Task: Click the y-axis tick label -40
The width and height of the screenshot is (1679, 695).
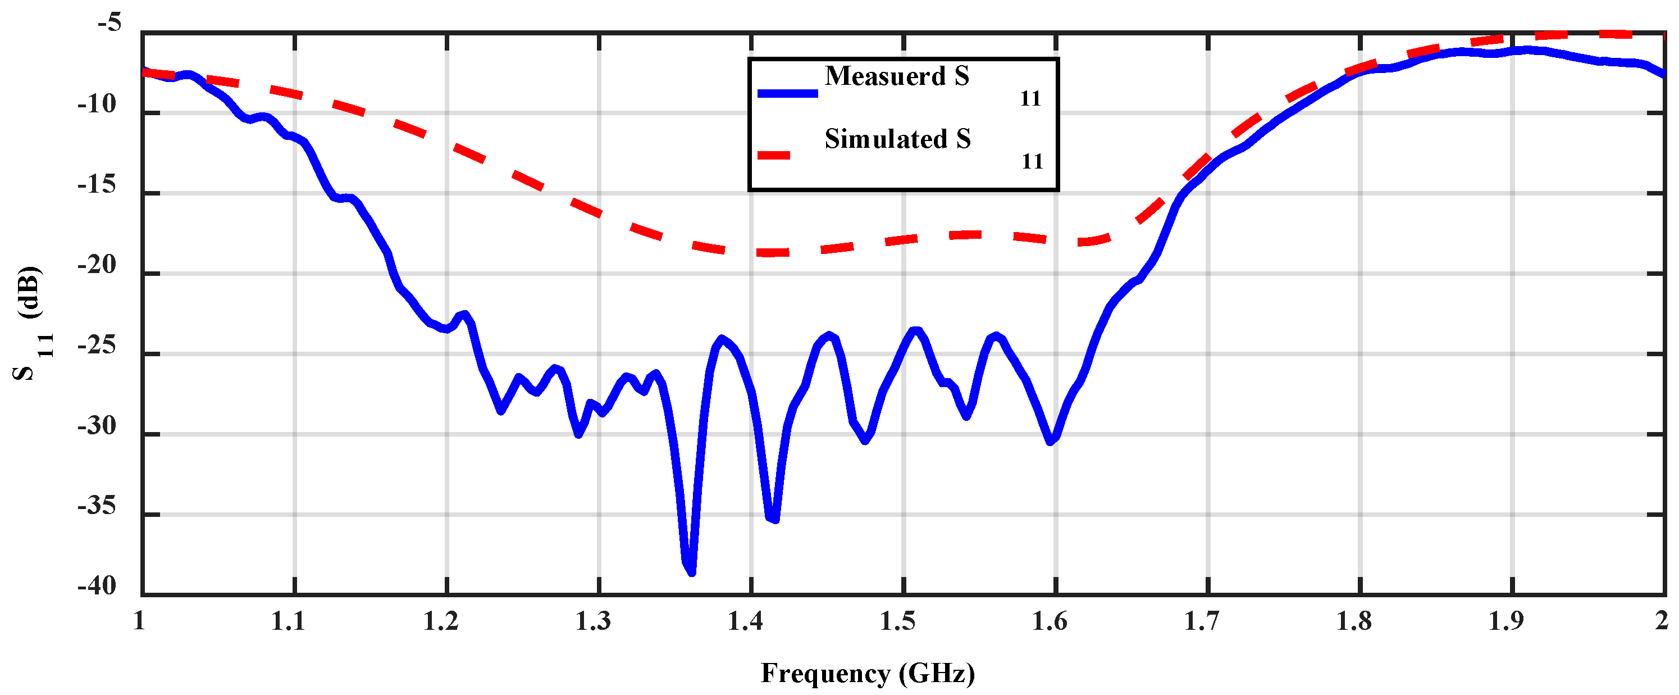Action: pos(97,586)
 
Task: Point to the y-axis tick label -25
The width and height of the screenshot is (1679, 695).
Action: pos(97,346)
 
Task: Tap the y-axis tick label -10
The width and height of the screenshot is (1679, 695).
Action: pos(97,105)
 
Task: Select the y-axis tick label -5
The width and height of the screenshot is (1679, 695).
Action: pos(109,24)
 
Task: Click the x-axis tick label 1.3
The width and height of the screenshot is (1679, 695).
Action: pos(593,621)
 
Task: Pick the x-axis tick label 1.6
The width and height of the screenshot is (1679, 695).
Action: pos(1050,621)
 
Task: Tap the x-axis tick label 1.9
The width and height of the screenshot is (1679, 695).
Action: pos(1506,621)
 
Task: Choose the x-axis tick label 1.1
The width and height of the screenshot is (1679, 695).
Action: pos(288,621)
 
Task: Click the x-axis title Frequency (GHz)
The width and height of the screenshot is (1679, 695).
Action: pos(868,673)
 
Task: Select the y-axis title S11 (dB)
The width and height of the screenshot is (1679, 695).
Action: pos(31,322)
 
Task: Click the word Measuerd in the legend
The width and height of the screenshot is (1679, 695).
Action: pos(884,76)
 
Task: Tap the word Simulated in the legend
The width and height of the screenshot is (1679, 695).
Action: pos(886,139)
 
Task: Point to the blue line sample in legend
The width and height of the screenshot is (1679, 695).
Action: pos(787,93)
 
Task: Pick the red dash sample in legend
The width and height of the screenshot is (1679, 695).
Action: pos(774,155)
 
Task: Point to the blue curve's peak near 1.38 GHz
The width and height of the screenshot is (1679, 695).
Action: pos(722,338)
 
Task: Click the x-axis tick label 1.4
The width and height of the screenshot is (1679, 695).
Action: pos(745,621)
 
